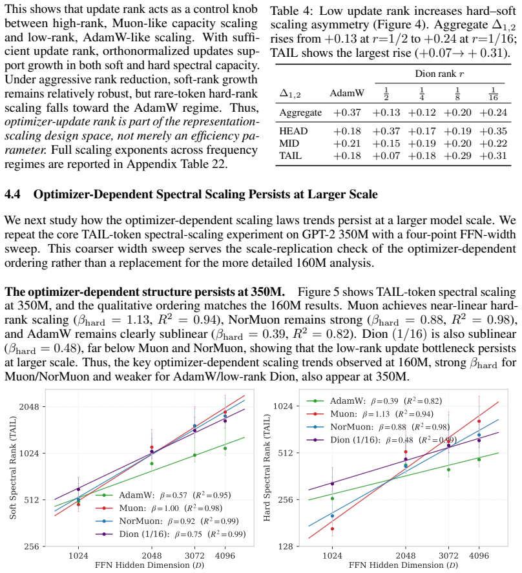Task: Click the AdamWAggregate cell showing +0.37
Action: (x=347, y=112)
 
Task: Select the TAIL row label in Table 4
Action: (x=291, y=156)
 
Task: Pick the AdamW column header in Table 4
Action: (x=347, y=93)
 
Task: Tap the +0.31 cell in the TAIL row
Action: (x=493, y=156)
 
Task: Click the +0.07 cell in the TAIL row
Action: (x=386, y=156)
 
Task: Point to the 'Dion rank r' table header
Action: (x=439, y=74)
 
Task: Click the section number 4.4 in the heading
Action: (x=12, y=194)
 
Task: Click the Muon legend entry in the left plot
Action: (x=159, y=508)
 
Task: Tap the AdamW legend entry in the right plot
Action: (x=374, y=401)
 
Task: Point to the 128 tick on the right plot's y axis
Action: (x=286, y=547)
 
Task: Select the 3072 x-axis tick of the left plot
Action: (x=194, y=556)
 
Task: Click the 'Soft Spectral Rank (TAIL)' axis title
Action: (x=13, y=468)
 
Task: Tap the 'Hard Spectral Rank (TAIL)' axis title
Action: (x=266, y=468)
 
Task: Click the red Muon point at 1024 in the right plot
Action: (x=332, y=529)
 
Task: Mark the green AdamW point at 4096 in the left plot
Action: (x=225, y=448)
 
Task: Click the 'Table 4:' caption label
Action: (x=291, y=11)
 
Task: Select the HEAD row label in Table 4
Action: (x=293, y=131)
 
